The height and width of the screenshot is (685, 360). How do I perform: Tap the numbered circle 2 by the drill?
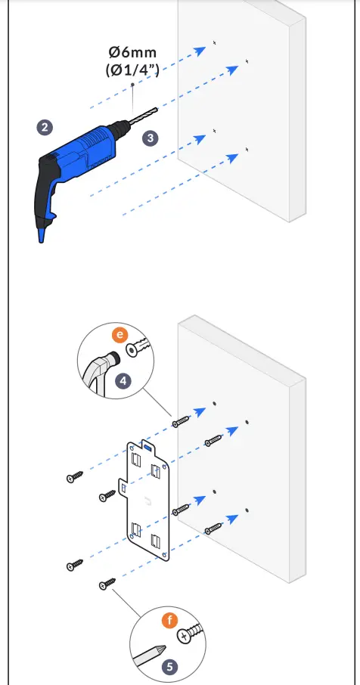[x=45, y=127]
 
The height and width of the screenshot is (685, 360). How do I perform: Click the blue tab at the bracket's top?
[x=148, y=447]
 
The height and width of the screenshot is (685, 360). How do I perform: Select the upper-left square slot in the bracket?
[x=135, y=459]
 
